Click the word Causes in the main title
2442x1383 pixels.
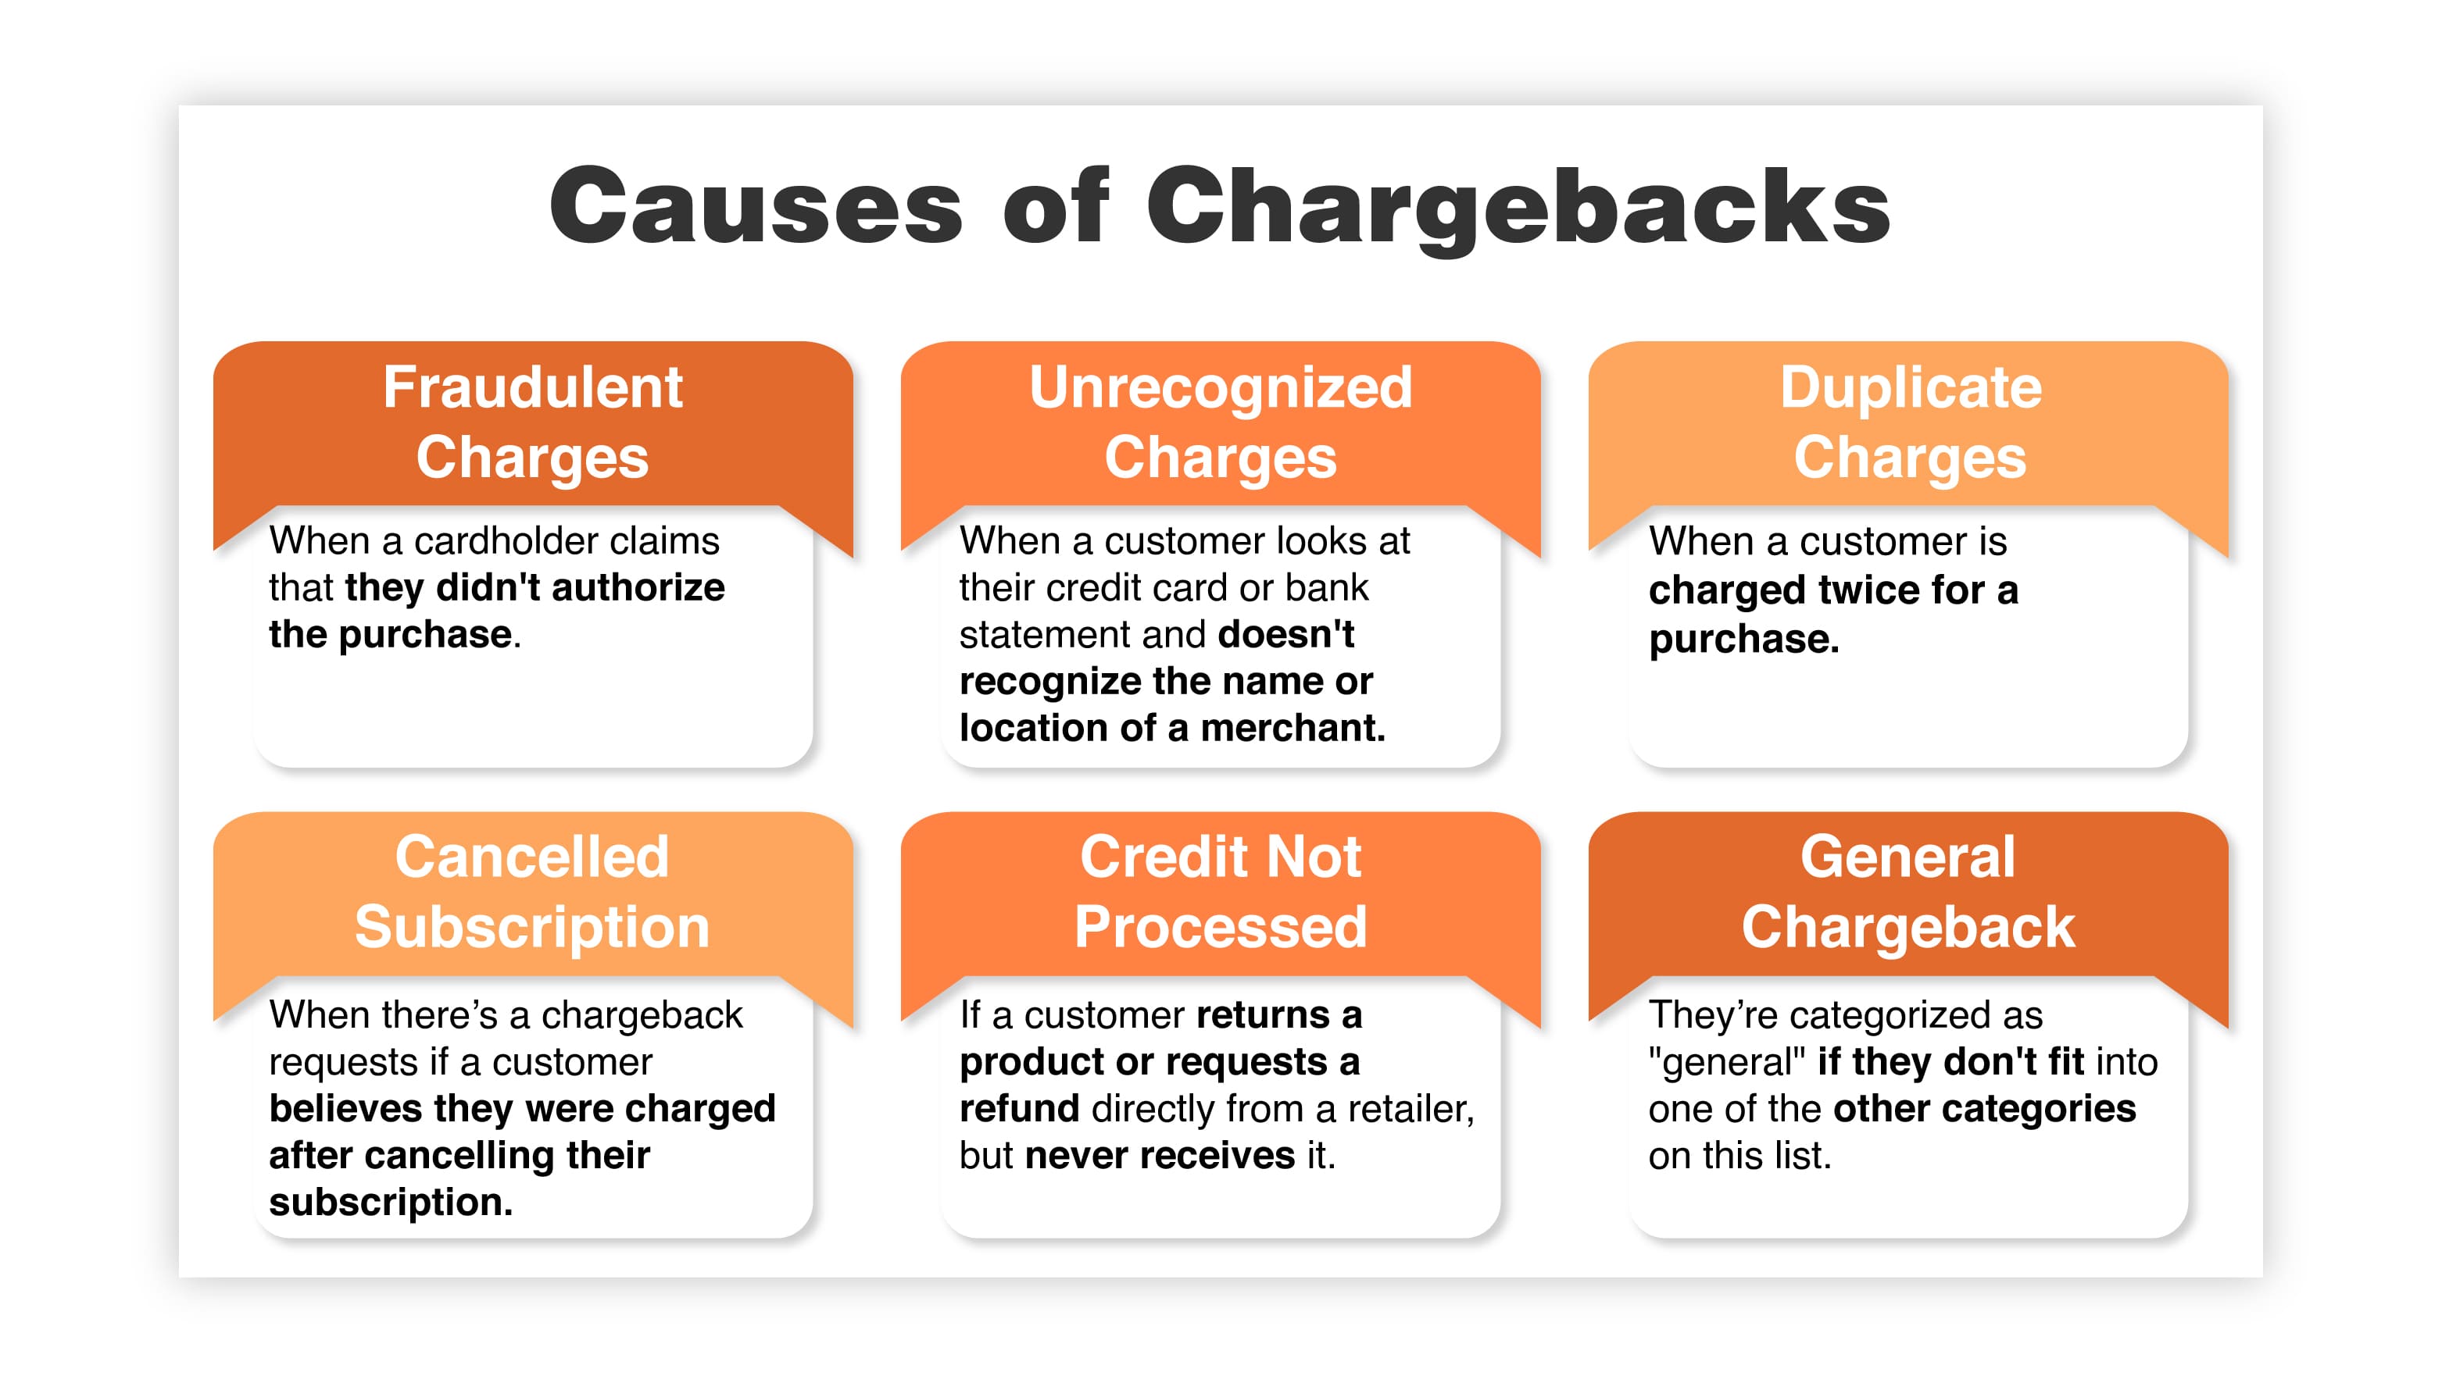[756, 206]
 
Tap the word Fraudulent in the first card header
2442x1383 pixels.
[533, 387]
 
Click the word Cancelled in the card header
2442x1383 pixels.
[532, 857]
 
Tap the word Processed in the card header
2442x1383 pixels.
[1221, 927]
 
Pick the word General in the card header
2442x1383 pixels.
[1908, 857]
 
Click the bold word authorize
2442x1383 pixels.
[638, 588]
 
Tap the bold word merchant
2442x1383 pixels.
[1293, 729]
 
